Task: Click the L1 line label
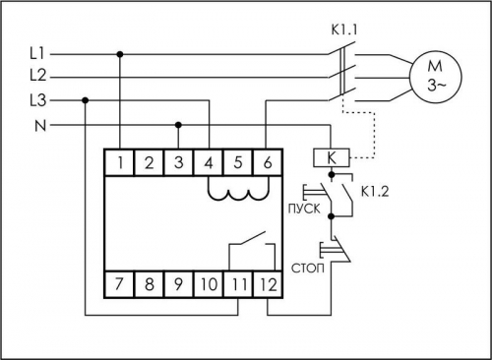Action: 37,53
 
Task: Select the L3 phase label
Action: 38,100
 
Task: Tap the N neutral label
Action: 40,126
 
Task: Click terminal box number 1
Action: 119,162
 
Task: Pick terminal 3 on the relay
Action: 178,162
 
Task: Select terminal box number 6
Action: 268,162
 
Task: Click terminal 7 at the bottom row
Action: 119,284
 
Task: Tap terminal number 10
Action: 209,284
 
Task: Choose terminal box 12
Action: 268,284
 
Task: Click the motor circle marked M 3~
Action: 436,76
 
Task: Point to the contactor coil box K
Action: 332,157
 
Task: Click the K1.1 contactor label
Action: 343,30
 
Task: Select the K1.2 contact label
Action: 375,192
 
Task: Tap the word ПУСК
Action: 304,209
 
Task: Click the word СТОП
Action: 308,269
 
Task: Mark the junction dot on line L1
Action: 120,54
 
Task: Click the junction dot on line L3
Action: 86,100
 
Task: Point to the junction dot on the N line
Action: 178,125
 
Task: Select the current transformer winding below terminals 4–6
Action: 238,194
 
